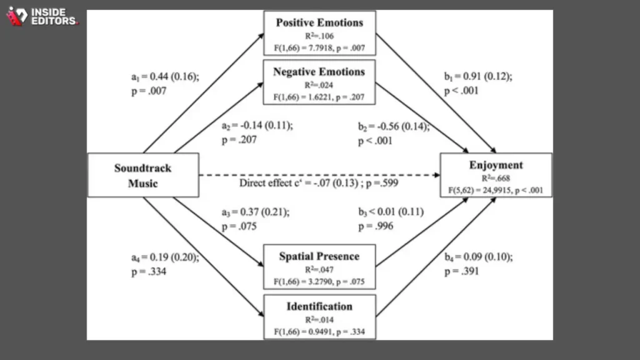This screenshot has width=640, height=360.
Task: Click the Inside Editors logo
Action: (42, 16)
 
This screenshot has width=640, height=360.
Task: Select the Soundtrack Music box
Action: (143, 175)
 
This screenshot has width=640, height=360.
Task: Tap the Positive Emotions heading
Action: (319, 22)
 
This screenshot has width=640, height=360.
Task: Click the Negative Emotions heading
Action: (319, 72)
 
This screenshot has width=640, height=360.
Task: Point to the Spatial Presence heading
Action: (319, 256)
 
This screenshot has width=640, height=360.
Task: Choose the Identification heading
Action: (319, 306)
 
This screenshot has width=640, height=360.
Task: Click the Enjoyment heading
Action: (496, 165)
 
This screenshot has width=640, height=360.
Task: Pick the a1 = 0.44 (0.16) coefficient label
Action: (165, 77)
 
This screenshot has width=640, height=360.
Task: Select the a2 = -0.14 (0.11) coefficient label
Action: (257, 125)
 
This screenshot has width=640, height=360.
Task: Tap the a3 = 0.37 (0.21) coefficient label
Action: (256, 212)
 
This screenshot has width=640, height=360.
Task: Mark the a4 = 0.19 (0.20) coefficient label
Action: (165, 257)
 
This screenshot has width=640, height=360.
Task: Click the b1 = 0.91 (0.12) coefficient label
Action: (478, 76)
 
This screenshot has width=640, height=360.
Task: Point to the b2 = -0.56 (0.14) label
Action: (394, 126)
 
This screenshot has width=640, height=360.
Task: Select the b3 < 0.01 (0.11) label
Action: (391, 212)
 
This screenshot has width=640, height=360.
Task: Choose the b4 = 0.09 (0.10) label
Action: (478, 257)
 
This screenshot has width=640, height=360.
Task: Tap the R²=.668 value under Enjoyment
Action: (496, 178)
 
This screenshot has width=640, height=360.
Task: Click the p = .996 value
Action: (376, 226)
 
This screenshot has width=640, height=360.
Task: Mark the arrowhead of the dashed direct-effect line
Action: (437, 175)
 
